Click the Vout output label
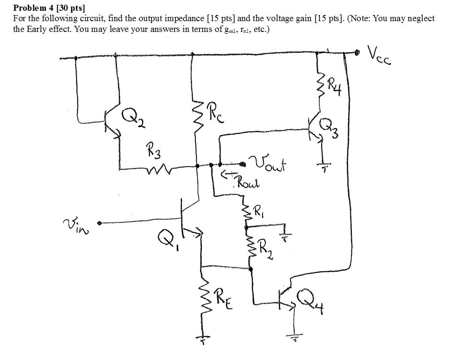click(269, 165)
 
